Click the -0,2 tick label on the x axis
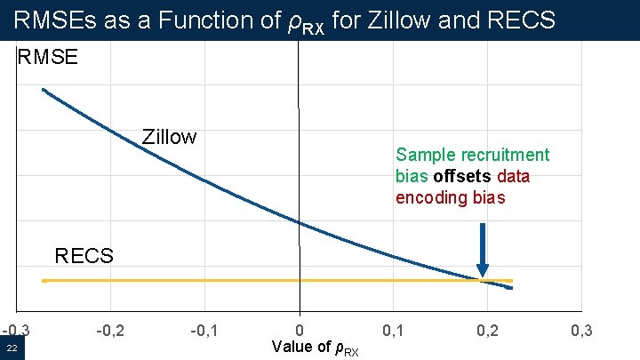[109, 332]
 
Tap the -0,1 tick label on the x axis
[204, 332]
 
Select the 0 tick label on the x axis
[300, 332]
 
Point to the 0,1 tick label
[393, 332]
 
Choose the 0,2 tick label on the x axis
[487, 332]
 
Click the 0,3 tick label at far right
[581, 332]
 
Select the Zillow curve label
[169, 137]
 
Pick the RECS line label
[84, 257]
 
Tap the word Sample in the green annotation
[423, 155]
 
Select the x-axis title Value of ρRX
[316, 348]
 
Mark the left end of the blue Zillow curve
[43, 89]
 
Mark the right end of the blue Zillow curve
[512, 288]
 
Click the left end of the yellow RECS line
[43, 281]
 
